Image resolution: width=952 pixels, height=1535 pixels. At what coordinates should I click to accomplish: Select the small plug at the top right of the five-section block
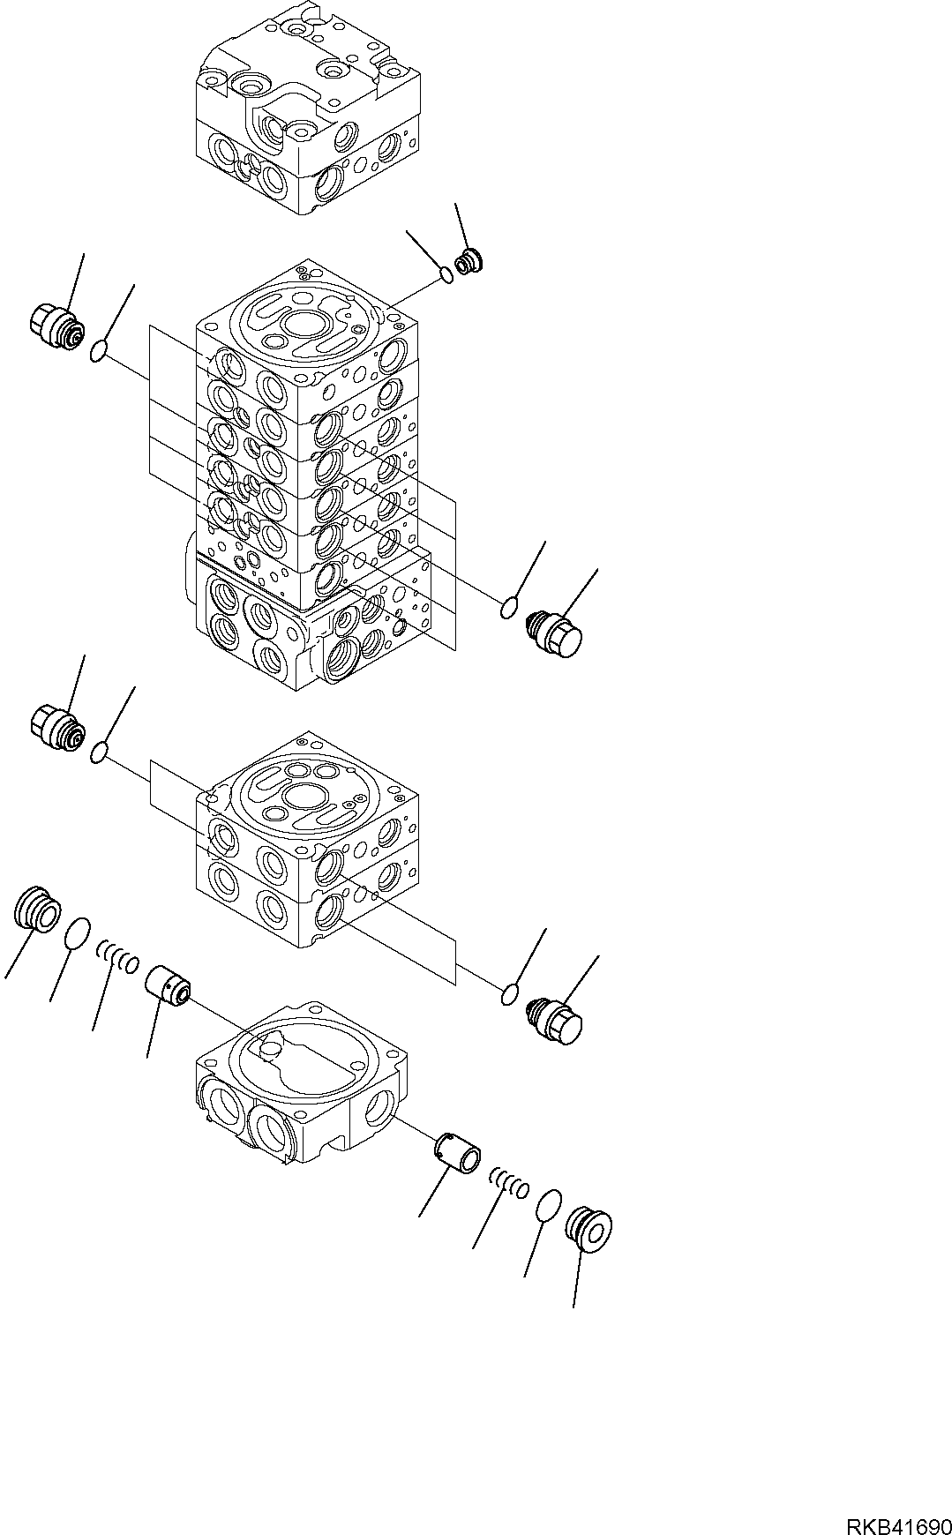click(x=469, y=262)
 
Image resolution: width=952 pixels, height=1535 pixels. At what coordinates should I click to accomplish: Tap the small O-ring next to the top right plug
click(x=448, y=276)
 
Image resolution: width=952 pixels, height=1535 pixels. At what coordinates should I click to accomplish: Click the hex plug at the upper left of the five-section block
click(x=57, y=324)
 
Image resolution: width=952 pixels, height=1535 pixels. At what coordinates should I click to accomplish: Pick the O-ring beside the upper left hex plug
click(x=100, y=353)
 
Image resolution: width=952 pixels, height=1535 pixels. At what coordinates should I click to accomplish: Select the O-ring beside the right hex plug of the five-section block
click(x=508, y=608)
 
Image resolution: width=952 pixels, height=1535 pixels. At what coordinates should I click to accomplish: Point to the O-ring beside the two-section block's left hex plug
click(x=100, y=753)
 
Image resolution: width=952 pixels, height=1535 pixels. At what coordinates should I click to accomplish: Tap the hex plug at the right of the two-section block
click(x=557, y=1017)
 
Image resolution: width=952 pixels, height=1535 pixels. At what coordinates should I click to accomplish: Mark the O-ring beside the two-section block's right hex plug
click(x=508, y=995)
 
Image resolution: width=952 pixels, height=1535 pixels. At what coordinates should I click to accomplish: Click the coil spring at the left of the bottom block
click(x=117, y=955)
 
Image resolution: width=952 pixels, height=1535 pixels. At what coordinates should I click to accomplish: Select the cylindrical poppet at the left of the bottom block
click(x=169, y=985)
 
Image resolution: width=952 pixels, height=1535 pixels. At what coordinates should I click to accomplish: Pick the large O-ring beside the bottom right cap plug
click(x=548, y=1204)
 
